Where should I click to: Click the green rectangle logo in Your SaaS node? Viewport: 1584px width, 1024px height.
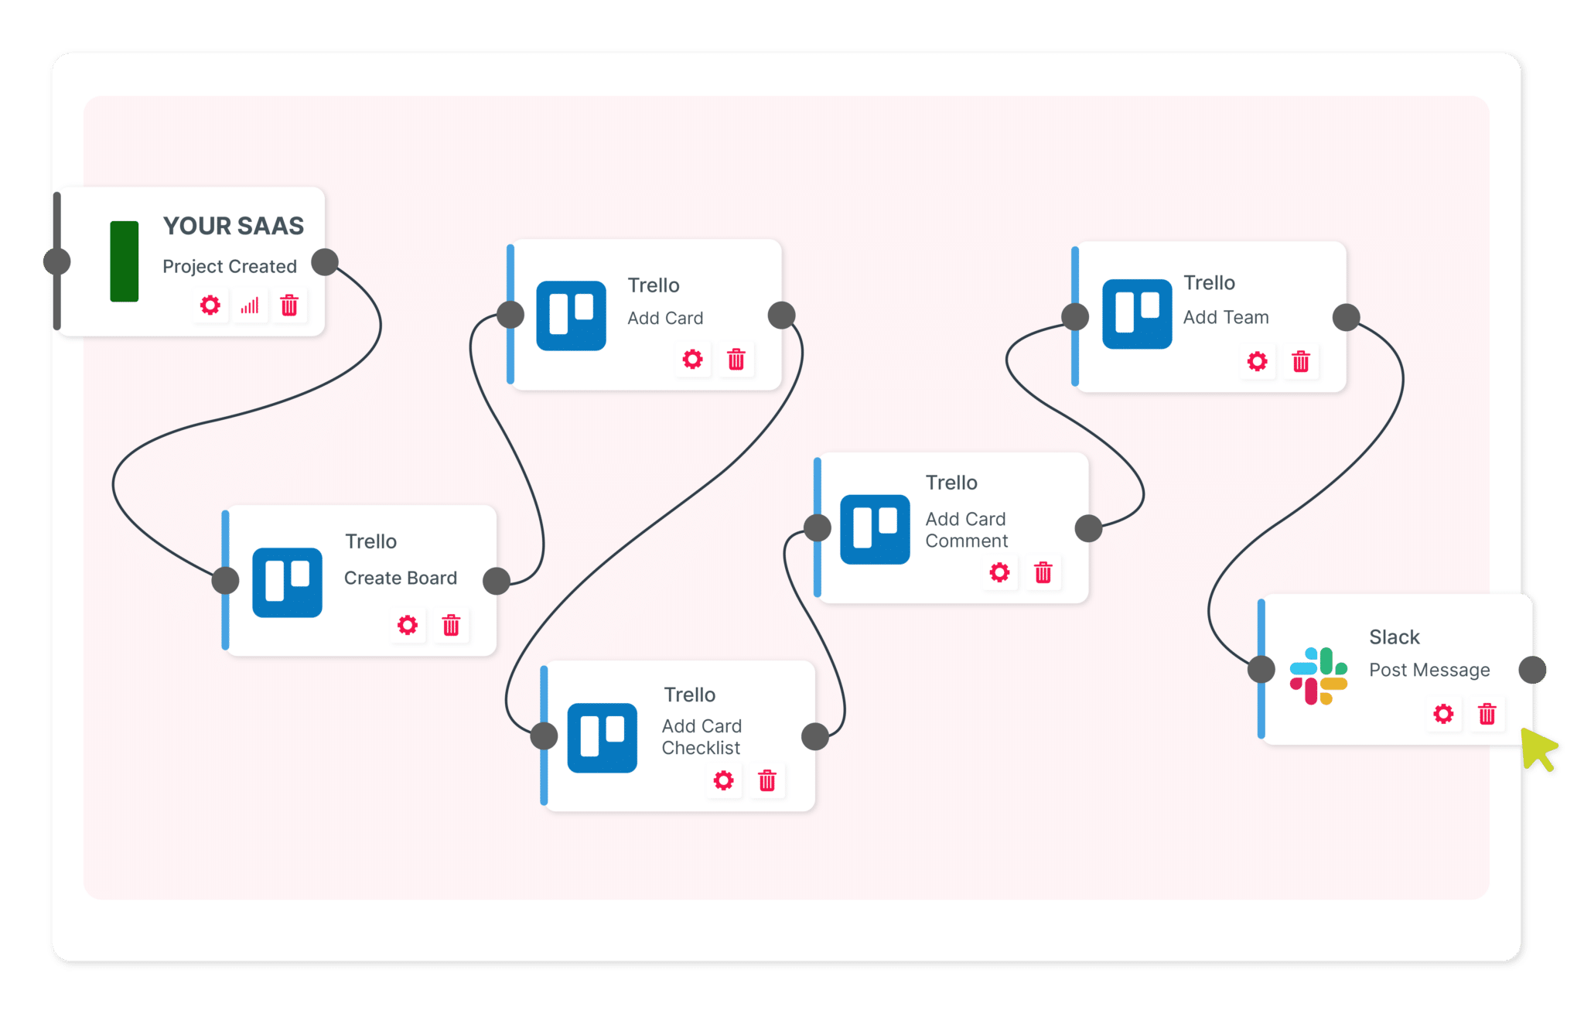124,261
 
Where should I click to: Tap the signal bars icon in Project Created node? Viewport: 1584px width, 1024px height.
250,305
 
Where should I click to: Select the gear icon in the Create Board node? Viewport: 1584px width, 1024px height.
408,625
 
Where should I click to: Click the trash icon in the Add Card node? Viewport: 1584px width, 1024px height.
736,359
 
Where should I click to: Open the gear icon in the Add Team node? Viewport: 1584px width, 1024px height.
1258,361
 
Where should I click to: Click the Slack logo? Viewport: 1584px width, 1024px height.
1319,676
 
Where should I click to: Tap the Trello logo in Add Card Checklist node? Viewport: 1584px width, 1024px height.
602,737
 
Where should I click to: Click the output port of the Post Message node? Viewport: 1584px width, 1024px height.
1532,670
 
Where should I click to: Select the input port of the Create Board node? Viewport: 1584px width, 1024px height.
226,579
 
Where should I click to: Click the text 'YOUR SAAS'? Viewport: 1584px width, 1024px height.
234,226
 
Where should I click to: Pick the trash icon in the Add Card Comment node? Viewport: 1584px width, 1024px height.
1043,572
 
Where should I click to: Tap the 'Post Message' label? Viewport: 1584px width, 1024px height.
1429,670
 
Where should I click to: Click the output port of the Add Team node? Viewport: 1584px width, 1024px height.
1347,317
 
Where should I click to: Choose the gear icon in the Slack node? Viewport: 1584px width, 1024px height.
1443,714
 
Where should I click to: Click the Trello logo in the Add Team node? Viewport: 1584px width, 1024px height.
1137,314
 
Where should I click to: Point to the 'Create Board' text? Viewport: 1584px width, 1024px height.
401,578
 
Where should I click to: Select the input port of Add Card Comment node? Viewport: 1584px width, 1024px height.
818,528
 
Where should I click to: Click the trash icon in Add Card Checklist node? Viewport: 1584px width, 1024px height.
767,780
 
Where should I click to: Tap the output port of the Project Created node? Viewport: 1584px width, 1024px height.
325,262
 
